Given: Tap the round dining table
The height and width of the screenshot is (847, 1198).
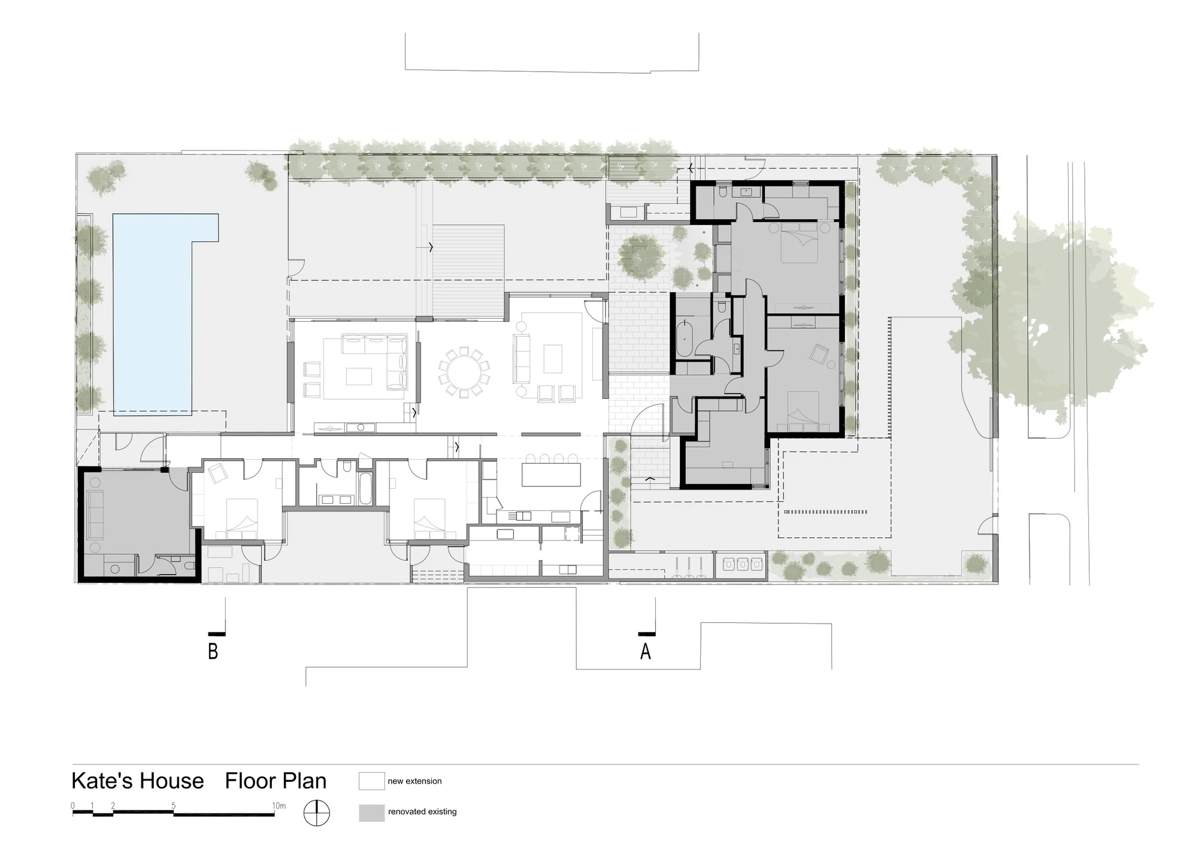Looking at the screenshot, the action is tap(464, 372).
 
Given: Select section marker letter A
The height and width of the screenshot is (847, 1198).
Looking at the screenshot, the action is tap(645, 651).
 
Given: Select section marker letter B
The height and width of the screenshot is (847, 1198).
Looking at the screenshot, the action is tap(213, 651).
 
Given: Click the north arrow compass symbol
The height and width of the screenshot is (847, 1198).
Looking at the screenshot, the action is tap(316, 813).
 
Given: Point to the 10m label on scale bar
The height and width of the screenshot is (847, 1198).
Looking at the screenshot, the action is tap(279, 806).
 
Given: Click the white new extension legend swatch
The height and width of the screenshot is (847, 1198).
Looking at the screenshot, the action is tap(371, 781).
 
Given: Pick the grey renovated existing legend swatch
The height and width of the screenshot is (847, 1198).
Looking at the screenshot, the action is tap(371, 813).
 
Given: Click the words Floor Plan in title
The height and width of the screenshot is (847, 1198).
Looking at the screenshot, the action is tap(276, 781).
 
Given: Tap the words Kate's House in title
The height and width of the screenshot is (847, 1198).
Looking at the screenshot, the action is tap(138, 781).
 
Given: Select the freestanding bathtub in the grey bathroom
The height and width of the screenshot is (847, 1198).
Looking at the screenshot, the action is tap(684, 338).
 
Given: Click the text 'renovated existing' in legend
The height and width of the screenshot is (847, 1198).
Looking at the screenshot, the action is tap(422, 812).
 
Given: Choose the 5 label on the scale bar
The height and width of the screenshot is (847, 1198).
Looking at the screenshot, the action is tap(174, 806).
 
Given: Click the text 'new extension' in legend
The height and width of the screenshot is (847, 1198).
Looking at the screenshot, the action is tap(415, 781).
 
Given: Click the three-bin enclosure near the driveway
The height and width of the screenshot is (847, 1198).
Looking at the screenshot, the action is tap(740, 564).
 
